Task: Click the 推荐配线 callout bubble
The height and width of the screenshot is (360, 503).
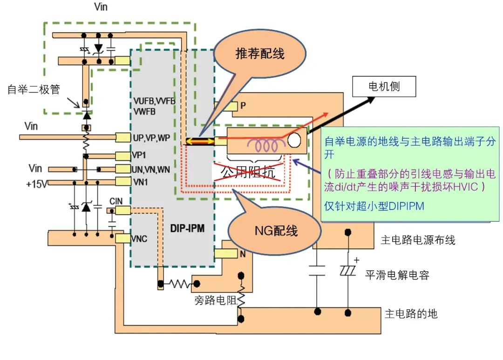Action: [259, 54]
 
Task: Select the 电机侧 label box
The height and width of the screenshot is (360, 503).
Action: [384, 87]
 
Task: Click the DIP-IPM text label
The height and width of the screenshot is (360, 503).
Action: [188, 229]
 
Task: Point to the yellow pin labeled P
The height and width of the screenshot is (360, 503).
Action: [226, 106]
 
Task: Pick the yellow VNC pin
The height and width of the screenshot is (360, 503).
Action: [123, 238]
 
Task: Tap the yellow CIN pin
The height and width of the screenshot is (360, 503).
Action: [123, 211]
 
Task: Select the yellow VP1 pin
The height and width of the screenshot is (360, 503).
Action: [123, 156]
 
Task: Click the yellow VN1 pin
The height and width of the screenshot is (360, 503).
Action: [123, 182]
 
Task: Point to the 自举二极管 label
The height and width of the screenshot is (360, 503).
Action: [34, 89]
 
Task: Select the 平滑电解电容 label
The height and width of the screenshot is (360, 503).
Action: [396, 275]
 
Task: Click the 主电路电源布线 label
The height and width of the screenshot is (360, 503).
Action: [418, 240]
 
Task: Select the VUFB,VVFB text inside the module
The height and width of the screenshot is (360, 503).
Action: [154, 101]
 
